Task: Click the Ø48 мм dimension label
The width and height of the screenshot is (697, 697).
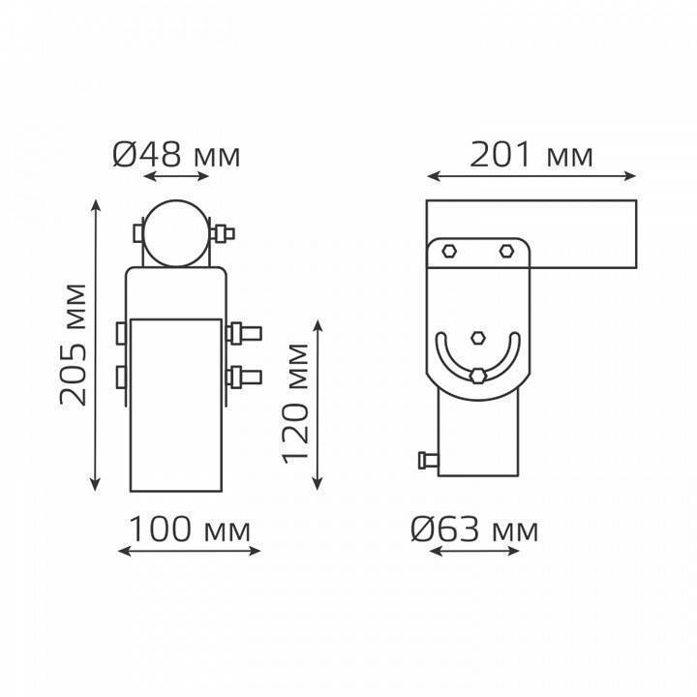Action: (176, 155)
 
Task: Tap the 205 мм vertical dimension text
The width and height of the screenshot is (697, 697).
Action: (73, 345)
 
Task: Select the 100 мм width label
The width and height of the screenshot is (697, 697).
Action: (190, 530)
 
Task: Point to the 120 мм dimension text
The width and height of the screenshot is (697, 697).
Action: (295, 403)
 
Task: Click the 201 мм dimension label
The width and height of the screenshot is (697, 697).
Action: (531, 154)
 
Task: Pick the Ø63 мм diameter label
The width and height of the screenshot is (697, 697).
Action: (474, 530)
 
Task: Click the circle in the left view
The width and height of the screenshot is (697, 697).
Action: (176, 233)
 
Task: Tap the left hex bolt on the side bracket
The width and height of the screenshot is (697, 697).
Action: (449, 252)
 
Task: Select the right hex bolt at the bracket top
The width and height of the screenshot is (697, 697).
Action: (506, 252)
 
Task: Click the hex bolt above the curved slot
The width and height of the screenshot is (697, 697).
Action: (478, 338)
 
